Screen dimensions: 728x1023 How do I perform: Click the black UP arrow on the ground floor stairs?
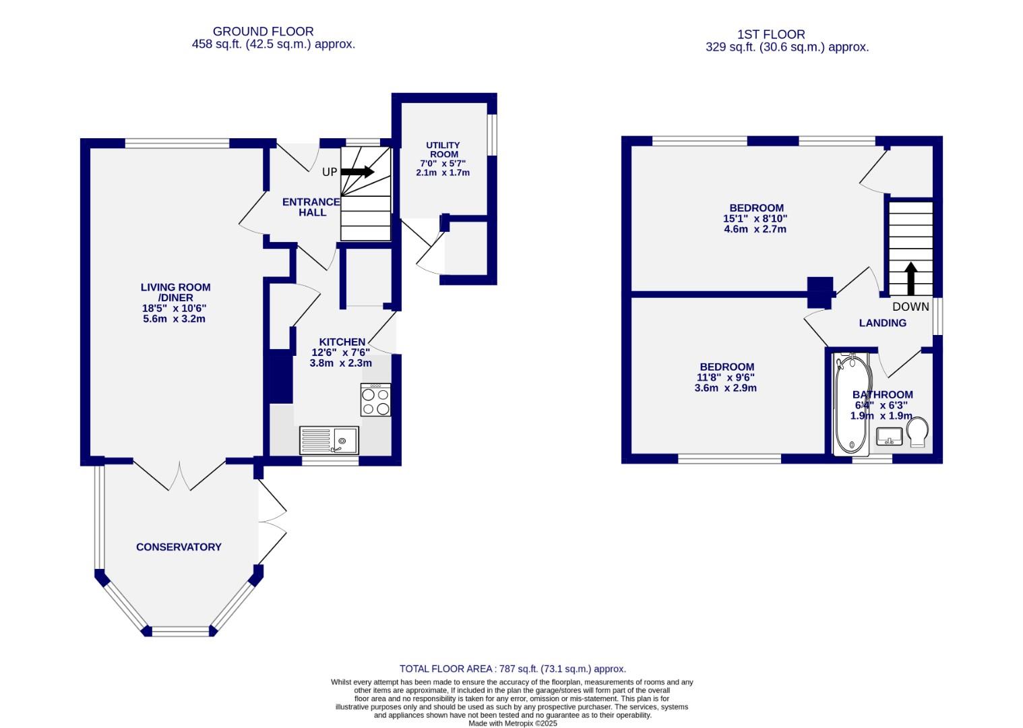click(x=357, y=172)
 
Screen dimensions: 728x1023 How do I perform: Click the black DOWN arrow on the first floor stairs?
click(x=910, y=278)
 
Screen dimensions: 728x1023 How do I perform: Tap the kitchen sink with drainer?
click(x=329, y=440)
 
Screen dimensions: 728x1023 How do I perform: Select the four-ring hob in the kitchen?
click(x=375, y=400)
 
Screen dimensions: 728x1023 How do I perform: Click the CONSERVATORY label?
click(x=179, y=547)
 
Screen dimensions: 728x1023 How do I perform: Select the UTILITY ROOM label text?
click(x=443, y=150)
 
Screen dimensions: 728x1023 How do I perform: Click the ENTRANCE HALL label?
click(x=311, y=207)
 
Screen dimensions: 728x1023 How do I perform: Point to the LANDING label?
click(x=882, y=323)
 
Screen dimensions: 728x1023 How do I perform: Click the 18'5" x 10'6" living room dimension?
click(x=175, y=308)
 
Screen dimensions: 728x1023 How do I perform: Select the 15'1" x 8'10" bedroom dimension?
click(x=755, y=218)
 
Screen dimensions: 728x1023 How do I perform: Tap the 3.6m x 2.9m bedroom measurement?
click(x=725, y=388)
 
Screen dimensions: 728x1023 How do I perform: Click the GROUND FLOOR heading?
click(x=263, y=31)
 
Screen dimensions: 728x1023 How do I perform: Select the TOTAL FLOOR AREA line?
click(x=512, y=669)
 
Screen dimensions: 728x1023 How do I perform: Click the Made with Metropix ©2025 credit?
click(x=513, y=723)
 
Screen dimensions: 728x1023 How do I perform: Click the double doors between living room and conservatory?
click(x=179, y=475)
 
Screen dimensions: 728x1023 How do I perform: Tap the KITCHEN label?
click(x=342, y=342)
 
